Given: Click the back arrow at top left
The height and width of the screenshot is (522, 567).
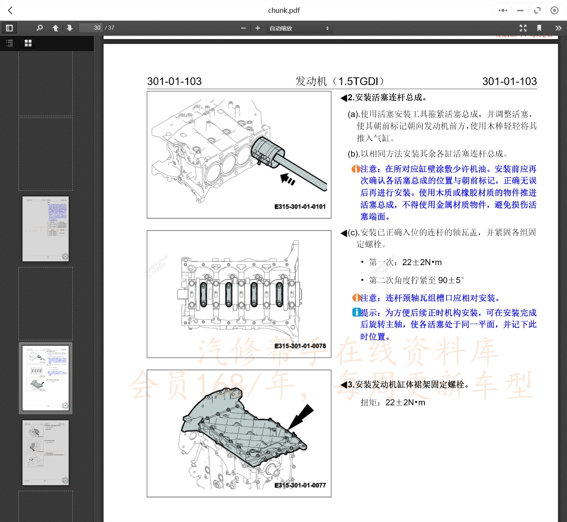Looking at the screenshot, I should [11, 11].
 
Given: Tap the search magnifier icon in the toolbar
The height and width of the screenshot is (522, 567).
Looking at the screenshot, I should [39, 28].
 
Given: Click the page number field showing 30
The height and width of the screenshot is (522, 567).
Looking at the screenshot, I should [91, 28].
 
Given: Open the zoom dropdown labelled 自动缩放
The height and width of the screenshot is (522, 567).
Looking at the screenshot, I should [299, 28].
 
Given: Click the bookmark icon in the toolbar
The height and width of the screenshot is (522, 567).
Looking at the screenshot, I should [539, 28].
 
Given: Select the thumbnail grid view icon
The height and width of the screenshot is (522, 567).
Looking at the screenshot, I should [28, 43].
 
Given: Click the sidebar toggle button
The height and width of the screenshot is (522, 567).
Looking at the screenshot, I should [9, 28].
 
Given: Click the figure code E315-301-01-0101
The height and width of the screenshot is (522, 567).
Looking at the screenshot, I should [300, 207].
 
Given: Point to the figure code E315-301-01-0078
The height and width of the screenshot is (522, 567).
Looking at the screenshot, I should [300, 346].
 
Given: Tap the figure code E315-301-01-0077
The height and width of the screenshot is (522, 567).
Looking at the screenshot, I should [300, 485].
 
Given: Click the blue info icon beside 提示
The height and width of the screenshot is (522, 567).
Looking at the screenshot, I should [356, 312].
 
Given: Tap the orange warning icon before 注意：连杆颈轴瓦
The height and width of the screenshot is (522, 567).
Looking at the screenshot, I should [356, 298].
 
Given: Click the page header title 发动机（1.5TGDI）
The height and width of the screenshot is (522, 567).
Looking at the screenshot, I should [340, 81].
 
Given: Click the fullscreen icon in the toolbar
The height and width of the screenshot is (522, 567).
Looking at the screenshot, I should [523, 28].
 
